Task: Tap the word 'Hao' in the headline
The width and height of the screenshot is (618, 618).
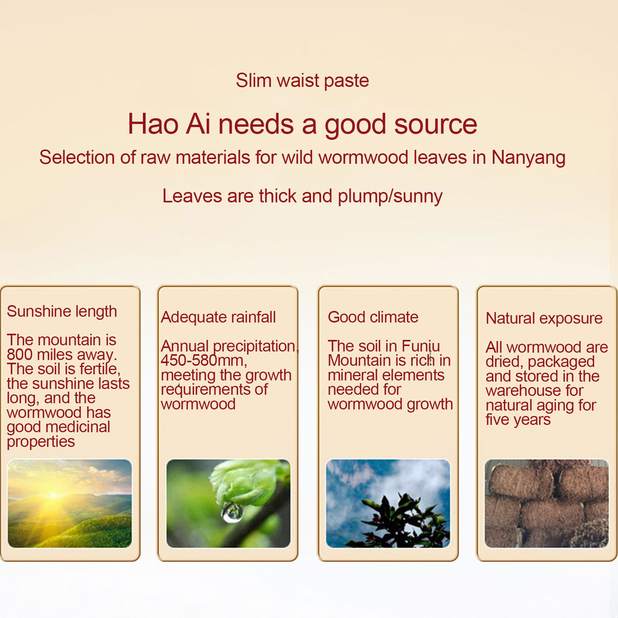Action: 153,124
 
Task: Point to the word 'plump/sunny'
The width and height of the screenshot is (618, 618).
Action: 390,197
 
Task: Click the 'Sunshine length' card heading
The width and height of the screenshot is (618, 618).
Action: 62,312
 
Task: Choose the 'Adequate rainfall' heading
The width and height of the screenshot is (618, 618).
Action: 218,317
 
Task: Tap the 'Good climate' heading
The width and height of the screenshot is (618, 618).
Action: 373,317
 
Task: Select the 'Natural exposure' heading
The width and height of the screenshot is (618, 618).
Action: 544,319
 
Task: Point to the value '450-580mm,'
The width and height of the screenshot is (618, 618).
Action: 204,360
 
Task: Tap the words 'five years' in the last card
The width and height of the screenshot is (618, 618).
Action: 518,420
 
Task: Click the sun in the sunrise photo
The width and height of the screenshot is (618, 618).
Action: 53,495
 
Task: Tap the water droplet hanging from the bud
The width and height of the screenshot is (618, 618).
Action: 232,512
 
